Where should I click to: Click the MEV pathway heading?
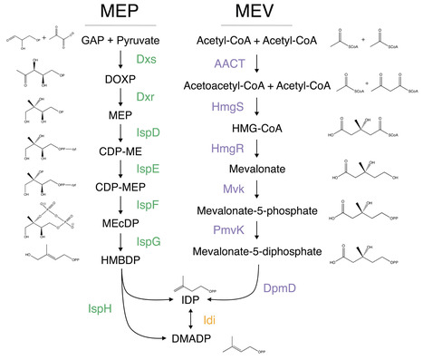(253, 13)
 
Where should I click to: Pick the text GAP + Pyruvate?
(120, 41)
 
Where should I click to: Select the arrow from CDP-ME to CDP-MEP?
(120, 169)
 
